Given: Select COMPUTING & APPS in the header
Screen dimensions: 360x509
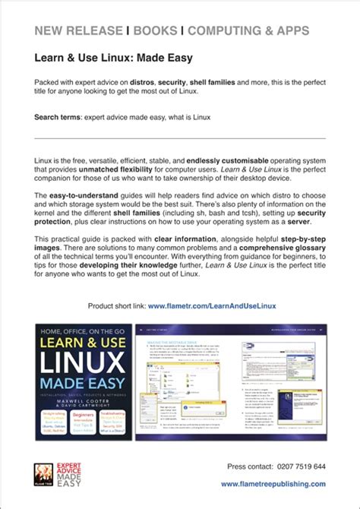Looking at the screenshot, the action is pos(248,30).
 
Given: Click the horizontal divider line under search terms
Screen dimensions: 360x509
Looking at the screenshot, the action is pos(180,138).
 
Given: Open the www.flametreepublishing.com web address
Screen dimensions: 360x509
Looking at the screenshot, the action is pos(273,484).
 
